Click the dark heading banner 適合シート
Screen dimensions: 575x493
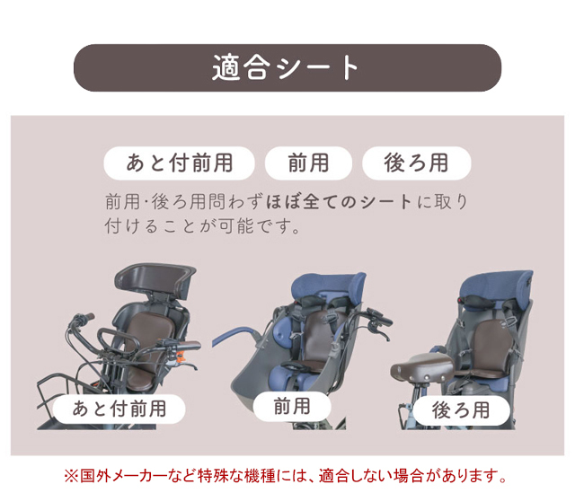[287, 68]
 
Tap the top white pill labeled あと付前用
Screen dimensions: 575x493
[180, 163]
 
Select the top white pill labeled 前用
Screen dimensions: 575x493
[308, 163]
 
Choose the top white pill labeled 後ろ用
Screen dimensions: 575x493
[417, 163]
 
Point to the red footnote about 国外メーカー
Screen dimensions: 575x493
[286, 476]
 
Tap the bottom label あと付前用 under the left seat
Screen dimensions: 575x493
[119, 409]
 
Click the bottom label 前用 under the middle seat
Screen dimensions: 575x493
[292, 406]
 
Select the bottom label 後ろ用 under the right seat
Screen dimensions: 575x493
[461, 409]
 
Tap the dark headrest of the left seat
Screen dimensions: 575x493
[155, 279]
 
